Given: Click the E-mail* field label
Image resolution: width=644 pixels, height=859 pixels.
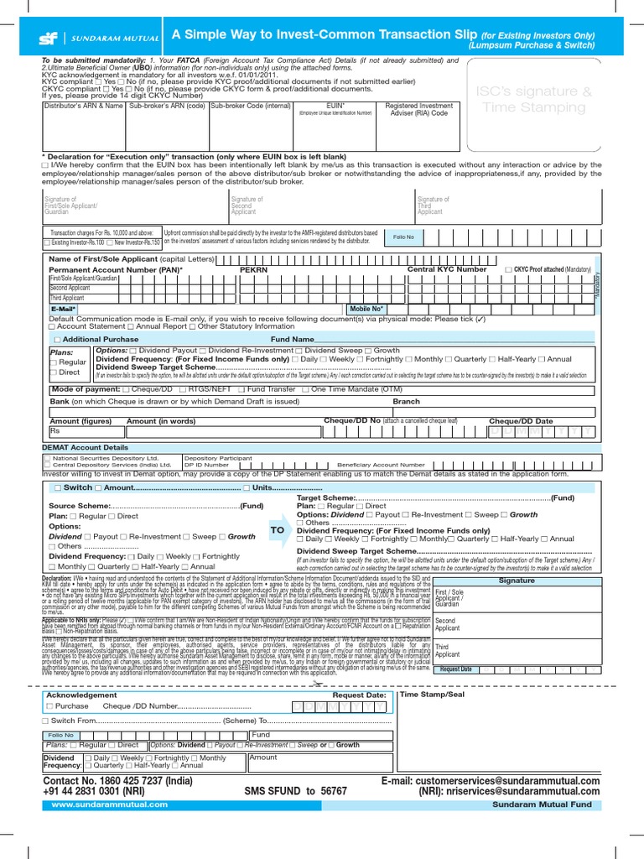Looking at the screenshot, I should click(x=64, y=309).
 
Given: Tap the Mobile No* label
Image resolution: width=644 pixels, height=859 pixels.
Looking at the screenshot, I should click(x=367, y=309).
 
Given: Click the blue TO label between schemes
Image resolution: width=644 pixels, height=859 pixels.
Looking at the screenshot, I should click(x=277, y=530).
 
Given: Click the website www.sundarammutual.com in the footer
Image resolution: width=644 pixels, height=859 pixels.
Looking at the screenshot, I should click(x=109, y=804).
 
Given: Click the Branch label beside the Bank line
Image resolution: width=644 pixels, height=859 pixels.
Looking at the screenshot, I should click(x=406, y=401).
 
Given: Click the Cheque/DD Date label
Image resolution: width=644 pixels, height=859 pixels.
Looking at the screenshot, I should click(x=521, y=420).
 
